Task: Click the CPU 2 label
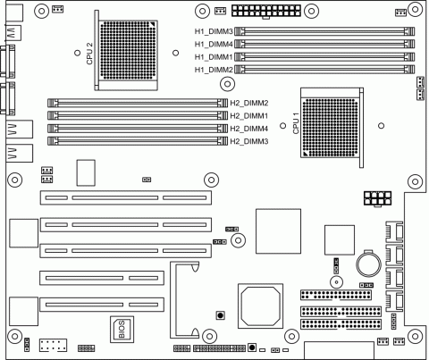89,54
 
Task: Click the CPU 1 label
296,123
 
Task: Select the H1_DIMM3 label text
214,31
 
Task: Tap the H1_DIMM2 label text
214,70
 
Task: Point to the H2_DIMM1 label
249,116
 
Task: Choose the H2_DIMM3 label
249,141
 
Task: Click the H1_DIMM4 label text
214,44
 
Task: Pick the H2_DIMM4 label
249,129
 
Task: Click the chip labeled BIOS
122,330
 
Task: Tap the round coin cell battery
369,264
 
